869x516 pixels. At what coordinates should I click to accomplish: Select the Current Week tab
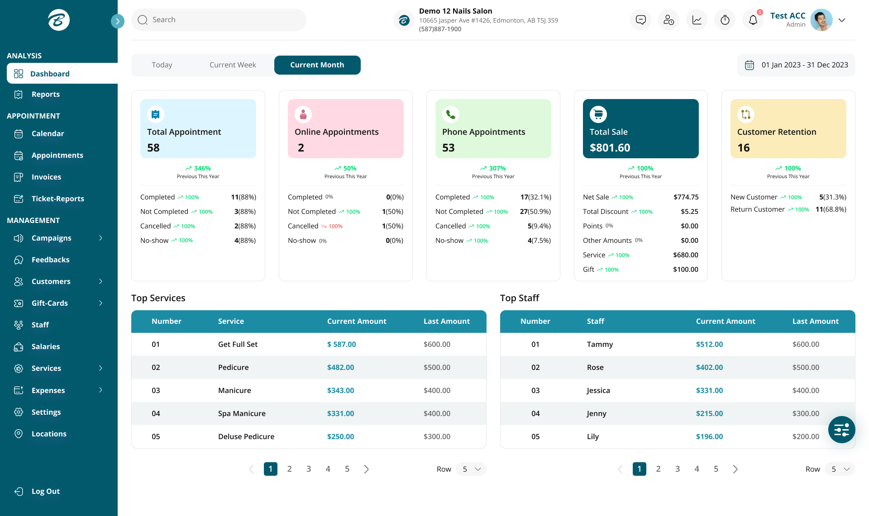tap(233, 65)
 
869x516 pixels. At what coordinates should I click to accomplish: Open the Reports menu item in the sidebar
tap(45, 94)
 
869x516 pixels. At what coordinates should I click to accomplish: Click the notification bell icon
tap(753, 20)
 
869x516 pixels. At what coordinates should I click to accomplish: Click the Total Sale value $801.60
tap(610, 148)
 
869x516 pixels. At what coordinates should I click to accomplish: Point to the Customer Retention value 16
tap(743, 148)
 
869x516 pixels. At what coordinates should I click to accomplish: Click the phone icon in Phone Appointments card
tap(451, 114)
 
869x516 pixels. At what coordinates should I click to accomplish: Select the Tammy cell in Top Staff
tap(600, 344)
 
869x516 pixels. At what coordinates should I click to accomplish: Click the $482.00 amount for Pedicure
tap(340, 367)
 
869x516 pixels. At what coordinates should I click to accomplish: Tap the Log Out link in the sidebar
tap(45, 491)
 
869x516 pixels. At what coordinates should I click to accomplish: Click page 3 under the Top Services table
tap(309, 469)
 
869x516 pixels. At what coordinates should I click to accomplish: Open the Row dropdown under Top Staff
tap(840, 469)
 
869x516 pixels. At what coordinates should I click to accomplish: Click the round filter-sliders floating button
tap(841, 430)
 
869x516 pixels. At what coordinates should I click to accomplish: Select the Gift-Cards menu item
tap(50, 303)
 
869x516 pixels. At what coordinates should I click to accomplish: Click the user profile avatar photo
tap(821, 20)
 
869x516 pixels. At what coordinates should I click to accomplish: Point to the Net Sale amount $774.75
tap(686, 197)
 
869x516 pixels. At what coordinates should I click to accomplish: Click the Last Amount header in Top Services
tap(446, 321)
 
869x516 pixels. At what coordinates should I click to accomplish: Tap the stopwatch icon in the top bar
tap(725, 20)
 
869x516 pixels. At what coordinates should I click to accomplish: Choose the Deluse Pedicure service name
tap(246, 436)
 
